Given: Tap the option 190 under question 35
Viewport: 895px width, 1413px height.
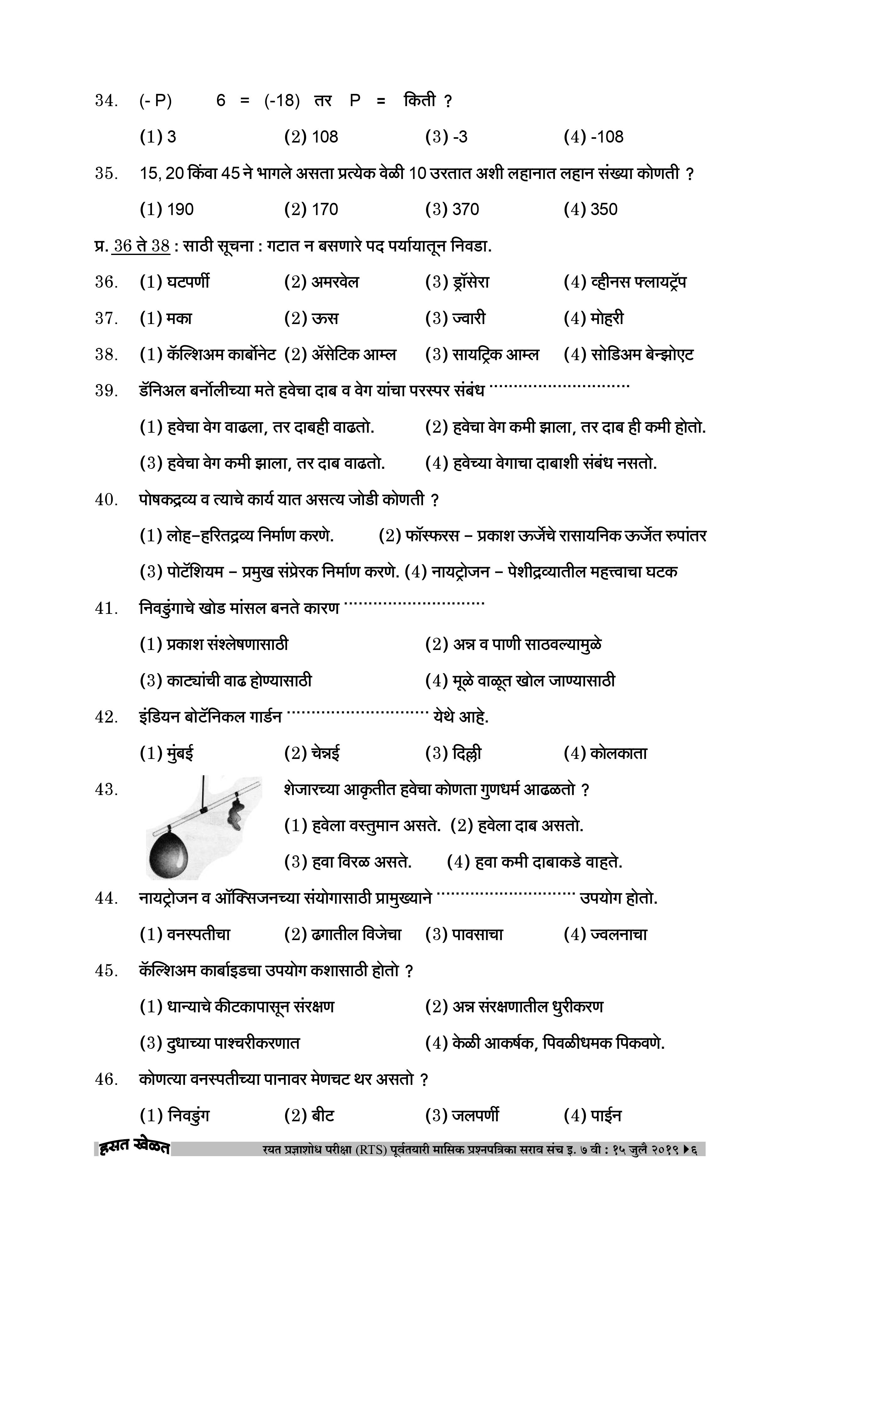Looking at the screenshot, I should tap(180, 209).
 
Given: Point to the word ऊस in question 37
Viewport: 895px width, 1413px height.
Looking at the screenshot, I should tap(324, 319).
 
